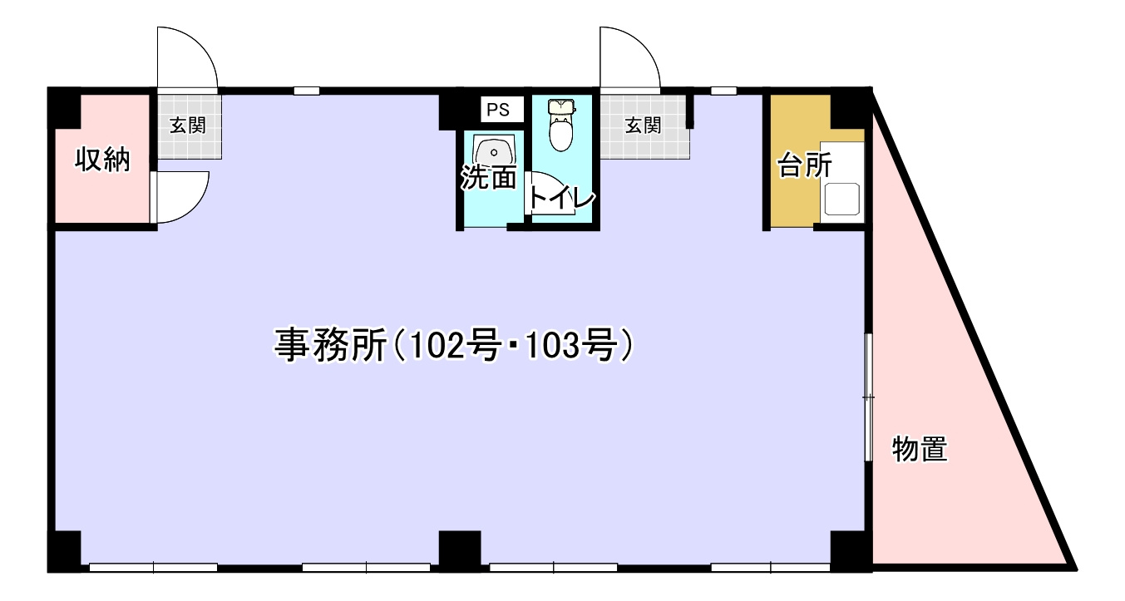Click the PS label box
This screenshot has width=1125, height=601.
(x=498, y=110)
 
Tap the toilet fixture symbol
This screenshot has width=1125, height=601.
(x=562, y=126)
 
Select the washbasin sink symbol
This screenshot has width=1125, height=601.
(x=494, y=152)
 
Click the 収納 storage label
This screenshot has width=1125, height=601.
(x=103, y=159)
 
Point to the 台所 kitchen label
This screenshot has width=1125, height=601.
(x=804, y=165)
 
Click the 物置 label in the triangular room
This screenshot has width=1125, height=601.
(x=920, y=450)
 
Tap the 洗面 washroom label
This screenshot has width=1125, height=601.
(x=490, y=177)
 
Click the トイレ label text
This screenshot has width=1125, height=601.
(x=562, y=200)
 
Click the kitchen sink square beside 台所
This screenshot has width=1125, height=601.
(x=841, y=200)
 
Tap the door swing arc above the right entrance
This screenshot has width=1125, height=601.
(x=630, y=57)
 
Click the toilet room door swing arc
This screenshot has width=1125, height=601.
(x=549, y=193)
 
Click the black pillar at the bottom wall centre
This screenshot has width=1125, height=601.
(x=459, y=550)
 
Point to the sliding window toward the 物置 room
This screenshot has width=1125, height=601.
(x=867, y=397)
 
